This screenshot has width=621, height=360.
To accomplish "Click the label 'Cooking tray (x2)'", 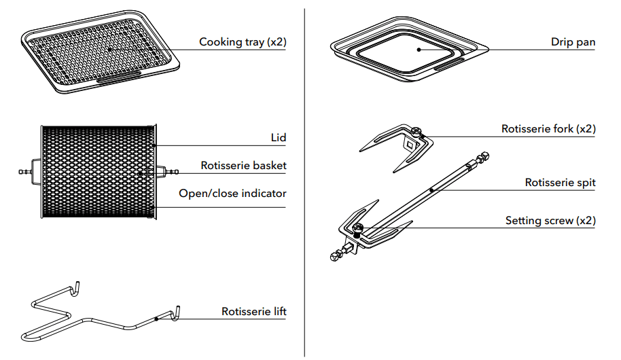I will (243, 42).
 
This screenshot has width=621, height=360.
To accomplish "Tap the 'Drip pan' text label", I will (573, 42).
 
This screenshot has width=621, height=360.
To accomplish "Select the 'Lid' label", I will (278, 137).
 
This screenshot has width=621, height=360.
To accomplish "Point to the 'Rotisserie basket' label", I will (243, 165).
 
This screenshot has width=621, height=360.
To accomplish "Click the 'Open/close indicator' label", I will (232, 194).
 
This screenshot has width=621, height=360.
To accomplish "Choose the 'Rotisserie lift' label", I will (253, 312).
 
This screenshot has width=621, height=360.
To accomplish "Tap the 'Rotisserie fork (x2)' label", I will (548, 128).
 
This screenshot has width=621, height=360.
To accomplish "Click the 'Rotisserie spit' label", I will (560, 183).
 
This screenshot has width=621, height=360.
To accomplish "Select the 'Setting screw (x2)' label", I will (550, 221).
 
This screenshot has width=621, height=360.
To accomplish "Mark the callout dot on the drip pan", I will (419, 49).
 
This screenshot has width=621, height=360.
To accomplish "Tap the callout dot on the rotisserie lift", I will (156, 319).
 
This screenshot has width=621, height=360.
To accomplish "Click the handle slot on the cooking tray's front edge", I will (120, 79).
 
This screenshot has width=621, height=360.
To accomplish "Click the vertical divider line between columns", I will (304, 180).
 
